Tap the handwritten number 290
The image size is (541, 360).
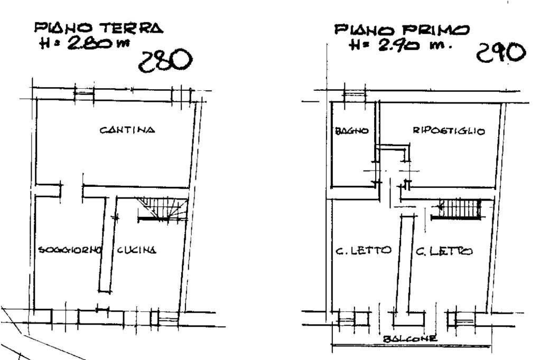tap(502, 53)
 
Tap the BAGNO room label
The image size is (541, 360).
tap(351, 131)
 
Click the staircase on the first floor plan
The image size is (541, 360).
tap(460, 208)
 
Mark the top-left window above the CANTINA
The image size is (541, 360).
tap(83, 93)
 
